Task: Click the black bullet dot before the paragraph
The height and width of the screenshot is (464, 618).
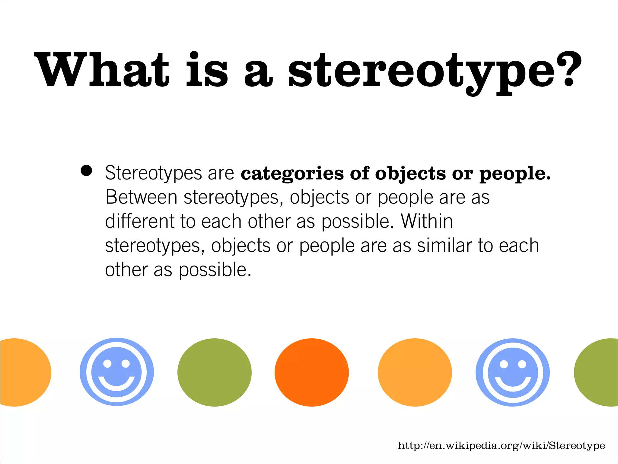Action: (86, 171)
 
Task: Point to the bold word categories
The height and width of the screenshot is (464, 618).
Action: (292, 174)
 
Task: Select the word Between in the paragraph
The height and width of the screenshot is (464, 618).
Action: (142, 197)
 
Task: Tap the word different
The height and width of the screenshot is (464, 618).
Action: (139, 221)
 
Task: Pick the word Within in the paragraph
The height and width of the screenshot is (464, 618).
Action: (427, 221)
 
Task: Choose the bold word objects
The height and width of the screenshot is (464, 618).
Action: (410, 174)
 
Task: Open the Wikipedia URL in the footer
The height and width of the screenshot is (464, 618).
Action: (501, 446)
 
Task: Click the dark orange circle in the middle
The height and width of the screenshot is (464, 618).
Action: (311, 372)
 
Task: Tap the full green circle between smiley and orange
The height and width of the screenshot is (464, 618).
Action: (214, 372)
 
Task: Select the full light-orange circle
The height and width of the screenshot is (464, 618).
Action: (415, 372)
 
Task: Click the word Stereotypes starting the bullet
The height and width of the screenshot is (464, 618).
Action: (153, 173)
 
